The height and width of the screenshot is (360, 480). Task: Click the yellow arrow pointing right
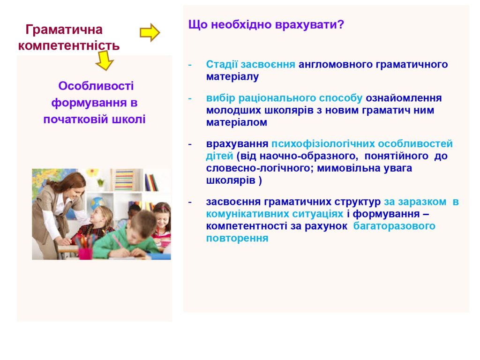pos(150,32)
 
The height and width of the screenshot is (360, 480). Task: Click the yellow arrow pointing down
pos(105,60)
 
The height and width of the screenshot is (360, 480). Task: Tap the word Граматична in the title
pos(64,30)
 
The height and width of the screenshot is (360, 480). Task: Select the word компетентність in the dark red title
pos(69,45)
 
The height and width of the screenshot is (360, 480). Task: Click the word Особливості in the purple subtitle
pos(96,86)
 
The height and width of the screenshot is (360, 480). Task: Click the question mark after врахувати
pos(341,24)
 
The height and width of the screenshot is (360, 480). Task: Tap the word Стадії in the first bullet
pos(222,64)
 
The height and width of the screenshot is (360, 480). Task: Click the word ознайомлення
pos(404,98)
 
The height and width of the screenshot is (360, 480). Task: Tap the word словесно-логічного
pos(259,168)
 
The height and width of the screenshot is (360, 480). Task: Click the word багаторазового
pos(394,226)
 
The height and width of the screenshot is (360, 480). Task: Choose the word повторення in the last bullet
pos(237,238)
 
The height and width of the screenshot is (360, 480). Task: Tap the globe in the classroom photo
pos(97,203)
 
